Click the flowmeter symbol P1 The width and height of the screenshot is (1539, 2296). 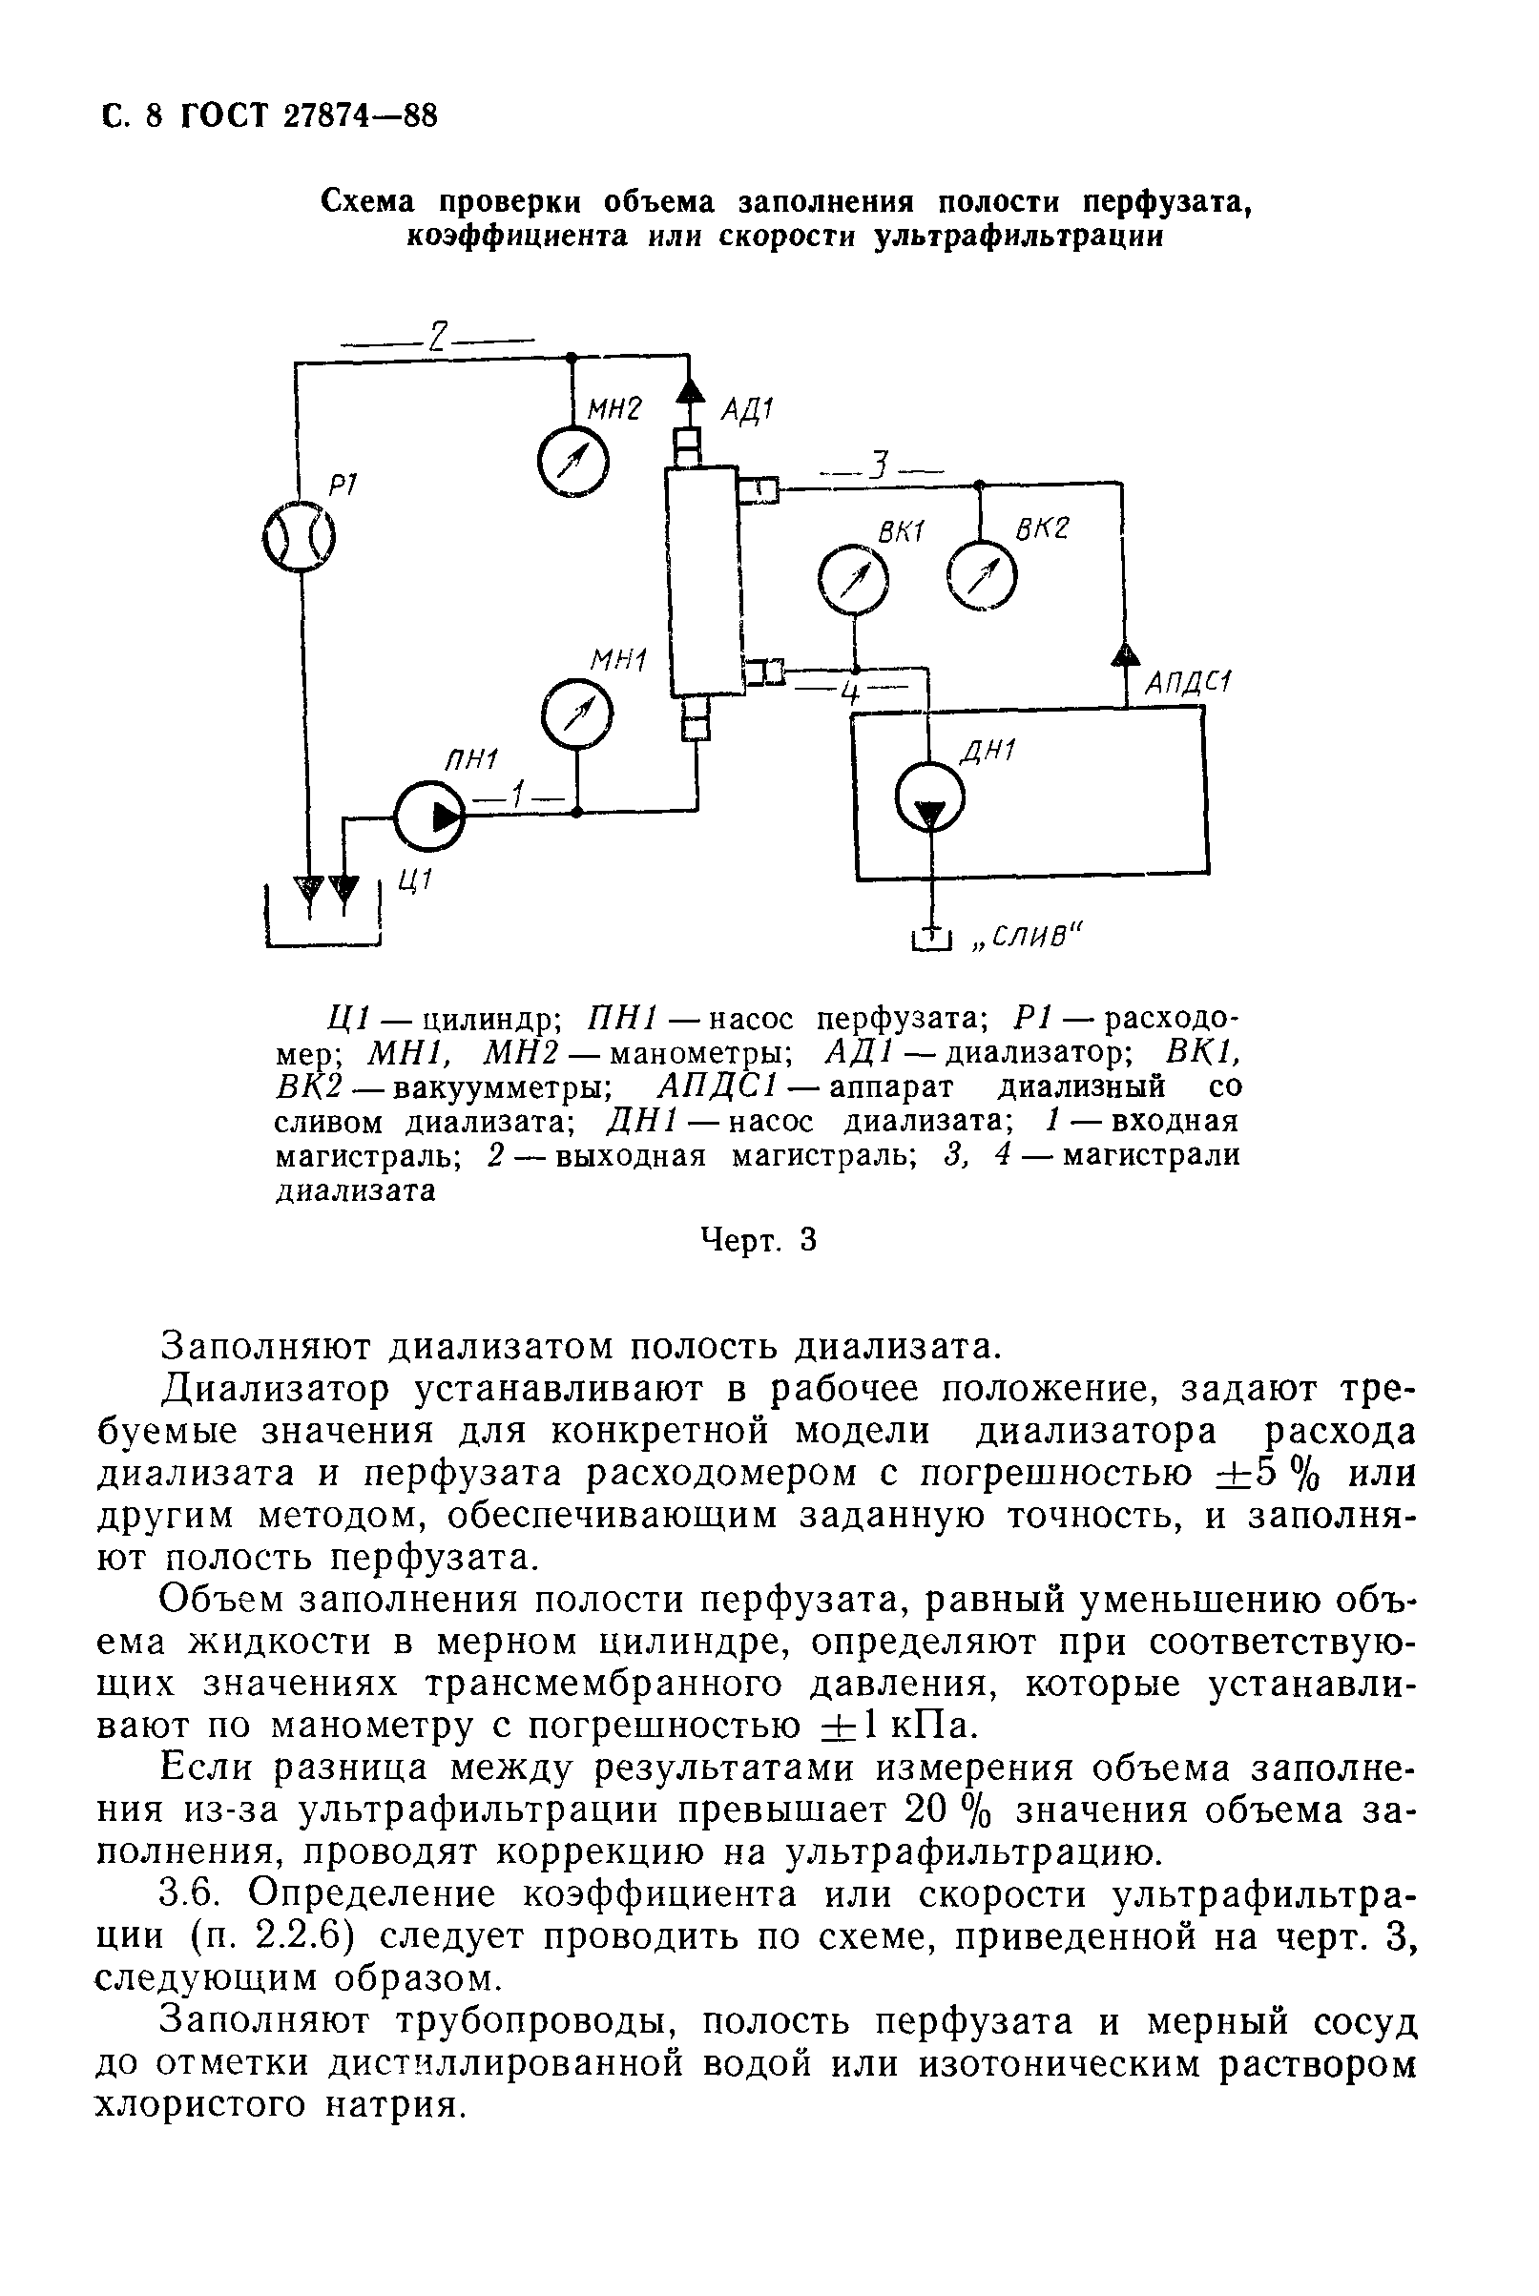coord(300,538)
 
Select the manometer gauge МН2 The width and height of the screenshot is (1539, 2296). coord(573,461)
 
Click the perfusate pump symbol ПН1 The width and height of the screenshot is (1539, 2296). coord(429,814)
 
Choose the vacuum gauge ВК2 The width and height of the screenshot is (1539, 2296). coord(982,577)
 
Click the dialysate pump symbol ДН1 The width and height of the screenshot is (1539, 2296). coord(930,798)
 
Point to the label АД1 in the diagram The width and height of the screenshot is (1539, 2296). coord(748,408)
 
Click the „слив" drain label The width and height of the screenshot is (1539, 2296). coord(1025,937)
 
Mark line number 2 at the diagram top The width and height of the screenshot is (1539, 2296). coord(438,338)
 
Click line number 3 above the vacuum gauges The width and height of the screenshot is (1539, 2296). coord(883,465)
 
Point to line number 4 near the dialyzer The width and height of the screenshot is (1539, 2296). coord(850,693)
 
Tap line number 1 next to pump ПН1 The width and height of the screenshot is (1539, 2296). coord(518,794)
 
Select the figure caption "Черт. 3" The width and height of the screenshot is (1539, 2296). coord(758,1241)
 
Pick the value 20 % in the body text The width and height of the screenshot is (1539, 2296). coord(946,1809)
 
